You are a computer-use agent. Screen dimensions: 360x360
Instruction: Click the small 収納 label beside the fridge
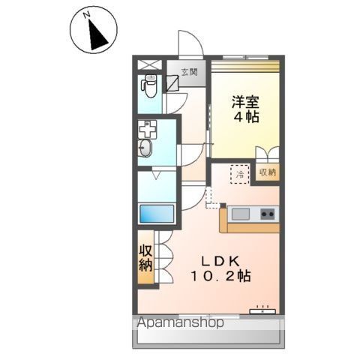coord(267,172)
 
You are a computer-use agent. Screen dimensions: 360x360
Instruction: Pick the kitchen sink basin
coord(241,215)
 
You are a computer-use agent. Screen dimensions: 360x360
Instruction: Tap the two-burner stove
coord(267,215)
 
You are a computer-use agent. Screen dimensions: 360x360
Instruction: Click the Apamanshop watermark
coord(179,324)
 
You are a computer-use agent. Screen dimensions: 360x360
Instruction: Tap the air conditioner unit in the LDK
coord(265,307)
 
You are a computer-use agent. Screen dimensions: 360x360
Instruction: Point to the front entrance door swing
coord(188,45)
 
